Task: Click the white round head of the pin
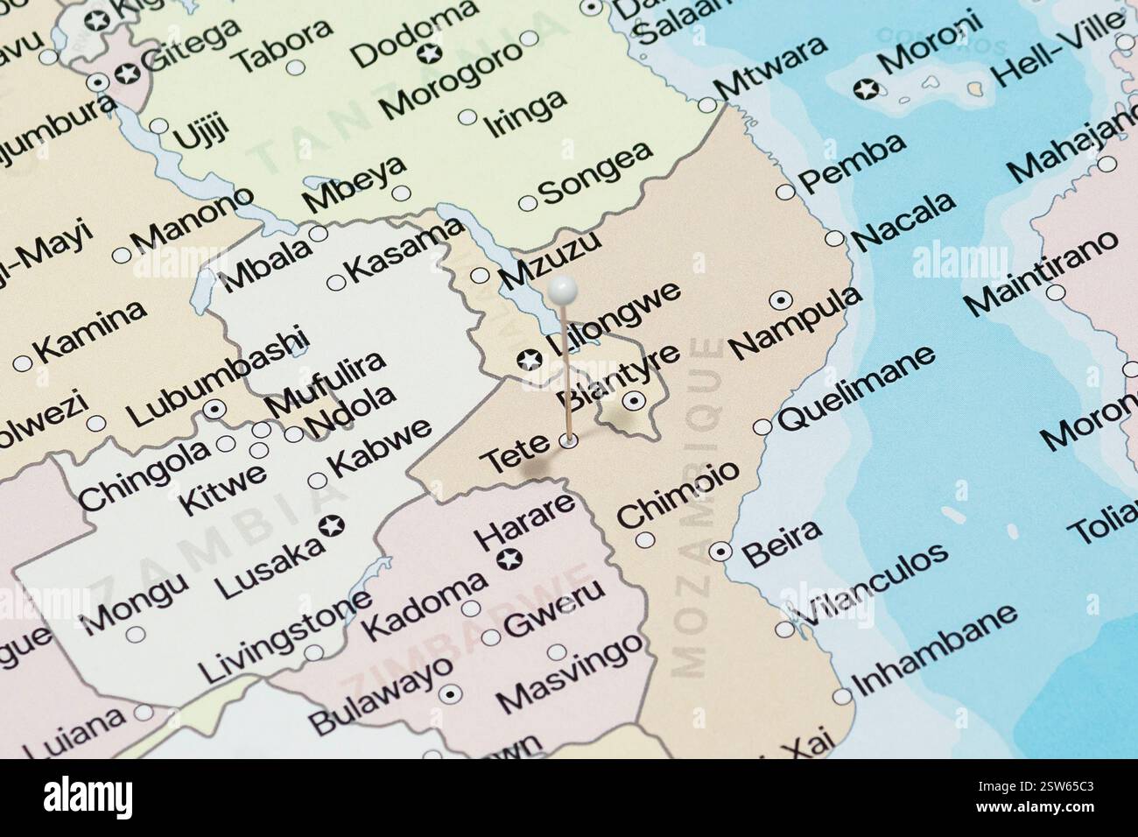tap(562, 287)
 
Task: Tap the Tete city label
tap(516, 455)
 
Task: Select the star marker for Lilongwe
tap(529, 359)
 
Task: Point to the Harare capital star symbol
tap(505, 559)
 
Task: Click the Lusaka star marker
tap(332, 526)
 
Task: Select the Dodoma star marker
tap(429, 54)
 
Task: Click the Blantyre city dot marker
tap(634, 401)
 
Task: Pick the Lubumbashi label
tap(217, 376)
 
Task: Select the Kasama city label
tap(405, 249)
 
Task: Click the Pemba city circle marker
tap(785, 192)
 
